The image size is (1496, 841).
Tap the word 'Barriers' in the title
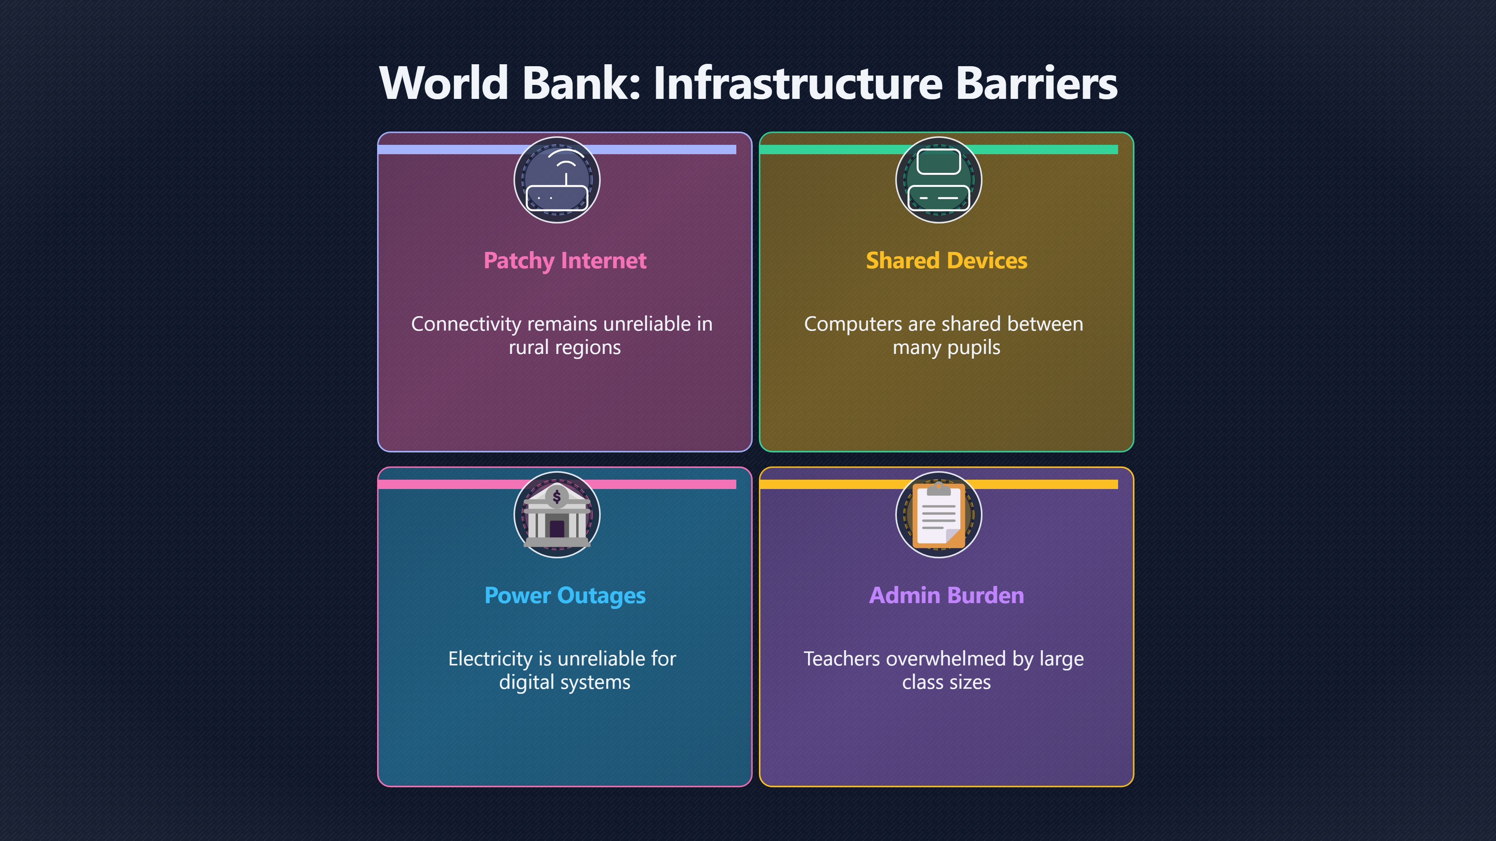(1037, 83)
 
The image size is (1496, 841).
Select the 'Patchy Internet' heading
(565, 260)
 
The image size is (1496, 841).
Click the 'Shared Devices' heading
(947, 260)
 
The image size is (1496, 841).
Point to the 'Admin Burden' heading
(947, 595)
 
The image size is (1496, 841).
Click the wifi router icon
(557, 180)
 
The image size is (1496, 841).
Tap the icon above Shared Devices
(939, 180)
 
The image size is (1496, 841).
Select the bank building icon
(557, 515)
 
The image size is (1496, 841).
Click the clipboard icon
(939, 515)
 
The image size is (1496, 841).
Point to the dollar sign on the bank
(557, 497)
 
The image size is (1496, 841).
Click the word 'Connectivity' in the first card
(466, 324)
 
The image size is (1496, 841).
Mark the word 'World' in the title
(444, 83)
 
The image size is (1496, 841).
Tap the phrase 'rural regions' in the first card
(565, 348)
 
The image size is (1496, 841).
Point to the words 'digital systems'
(565, 683)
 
